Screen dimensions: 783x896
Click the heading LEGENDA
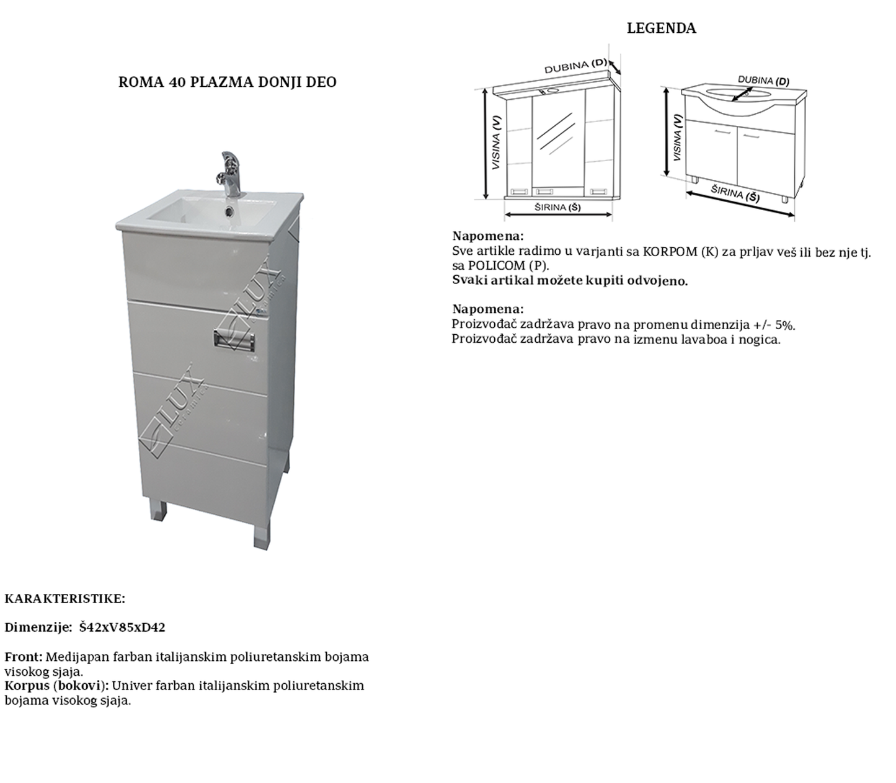point(661,29)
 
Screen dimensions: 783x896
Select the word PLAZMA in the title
point(215,82)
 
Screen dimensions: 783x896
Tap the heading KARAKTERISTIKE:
point(65,599)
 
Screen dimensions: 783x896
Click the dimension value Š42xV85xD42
point(122,627)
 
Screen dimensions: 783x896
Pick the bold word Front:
point(24,657)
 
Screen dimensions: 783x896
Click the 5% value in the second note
point(784,324)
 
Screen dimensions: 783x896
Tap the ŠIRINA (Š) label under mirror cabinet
point(557,208)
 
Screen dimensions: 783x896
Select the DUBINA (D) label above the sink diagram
point(763,81)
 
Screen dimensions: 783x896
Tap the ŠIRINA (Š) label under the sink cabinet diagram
point(735,193)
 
